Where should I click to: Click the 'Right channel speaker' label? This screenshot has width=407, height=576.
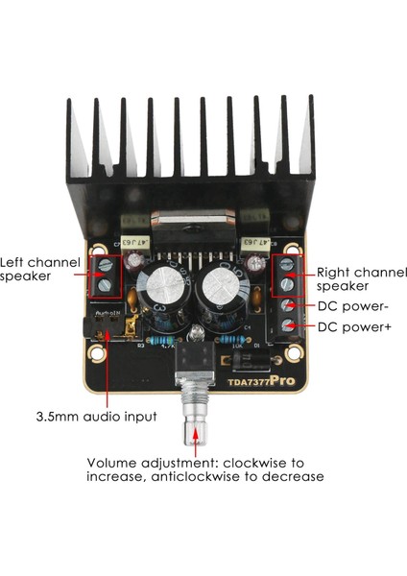point(354,277)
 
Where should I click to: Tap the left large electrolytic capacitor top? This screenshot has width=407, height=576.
point(163,285)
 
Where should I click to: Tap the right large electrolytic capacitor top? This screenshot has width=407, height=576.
point(224,285)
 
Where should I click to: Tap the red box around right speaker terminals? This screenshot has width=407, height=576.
point(287,275)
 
